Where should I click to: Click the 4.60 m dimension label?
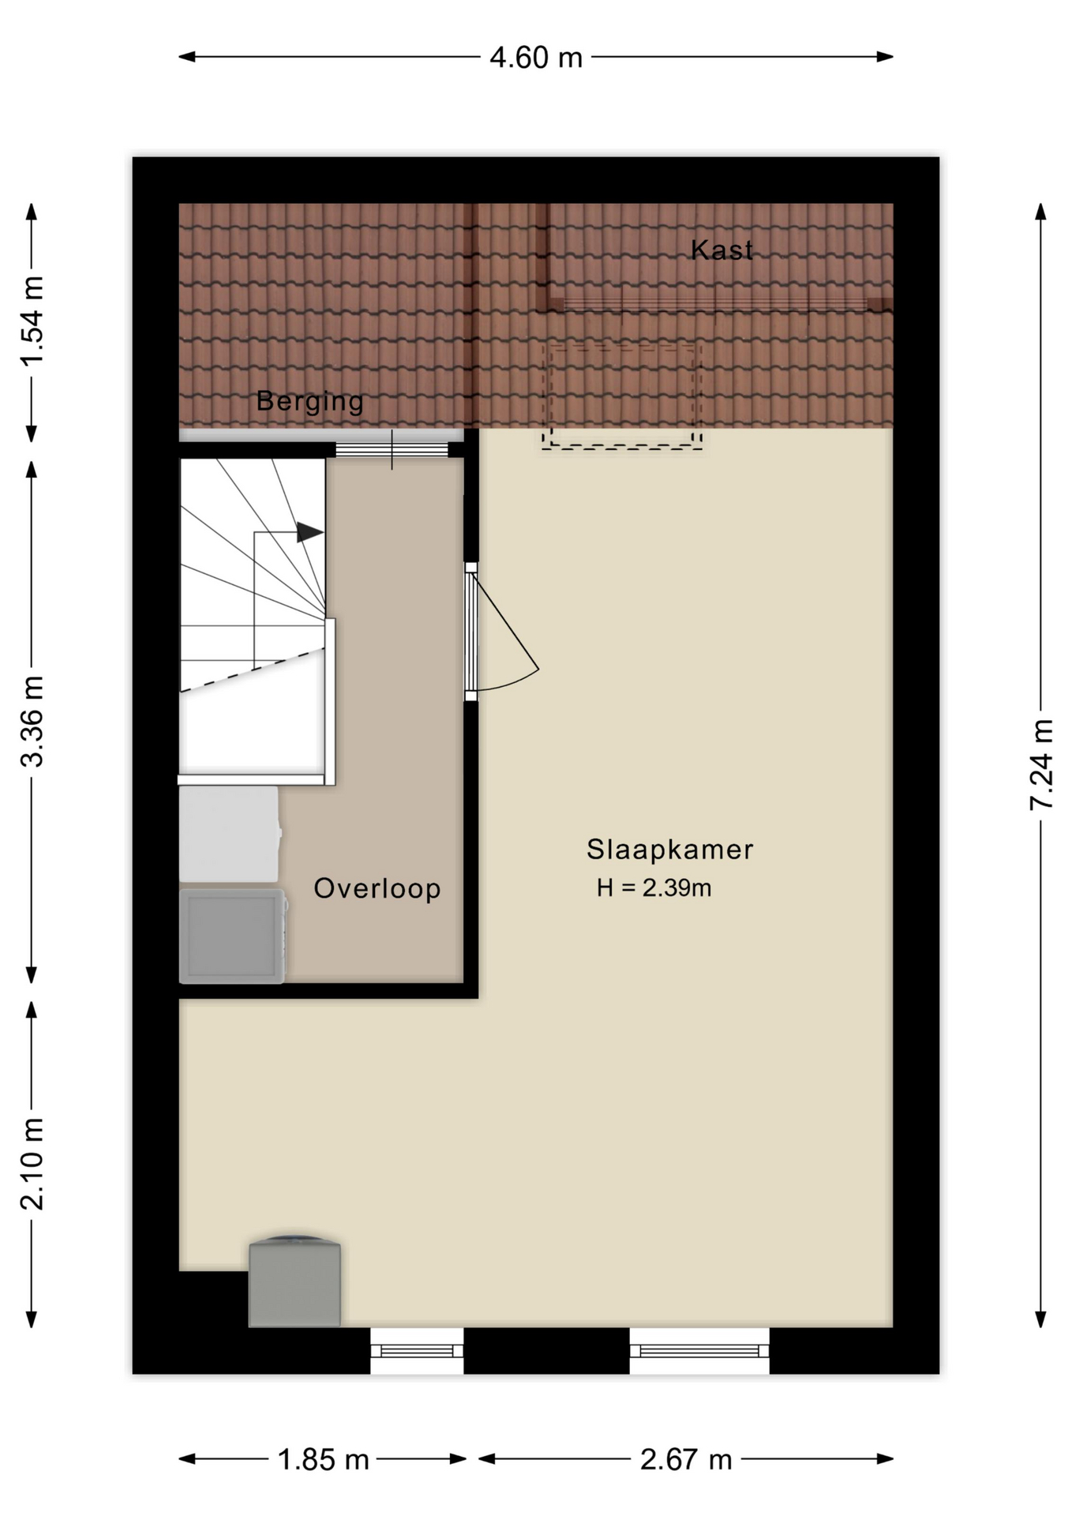pyautogui.click(x=535, y=58)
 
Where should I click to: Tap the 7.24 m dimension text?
pyautogui.click(x=1042, y=764)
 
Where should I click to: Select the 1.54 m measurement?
pyautogui.click(x=32, y=321)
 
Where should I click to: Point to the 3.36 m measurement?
pyautogui.click(x=32, y=722)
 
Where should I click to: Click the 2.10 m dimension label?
pyautogui.click(x=32, y=1164)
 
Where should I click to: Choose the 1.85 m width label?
pyautogui.click(x=323, y=1460)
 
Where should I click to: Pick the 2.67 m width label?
pyautogui.click(x=685, y=1460)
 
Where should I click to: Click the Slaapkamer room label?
pyautogui.click(x=669, y=850)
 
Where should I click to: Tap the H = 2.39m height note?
pyautogui.click(x=654, y=888)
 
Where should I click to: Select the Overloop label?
pyautogui.click(x=377, y=889)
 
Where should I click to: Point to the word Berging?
pyautogui.click(x=309, y=402)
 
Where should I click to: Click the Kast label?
pyautogui.click(x=722, y=250)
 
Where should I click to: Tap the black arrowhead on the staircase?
pyautogui.click(x=309, y=533)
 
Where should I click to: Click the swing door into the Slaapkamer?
pyautogui.click(x=502, y=632)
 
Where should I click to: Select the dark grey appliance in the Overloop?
pyautogui.click(x=231, y=936)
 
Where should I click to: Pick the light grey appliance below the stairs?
pyautogui.click(x=229, y=834)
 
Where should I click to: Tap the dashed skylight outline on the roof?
pyautogui.click(x=622, y=396)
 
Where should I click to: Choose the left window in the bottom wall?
pyautogui.click(x=417, y=1351)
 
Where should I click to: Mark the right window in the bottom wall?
pyautogui.click(x=699, y=1351)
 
